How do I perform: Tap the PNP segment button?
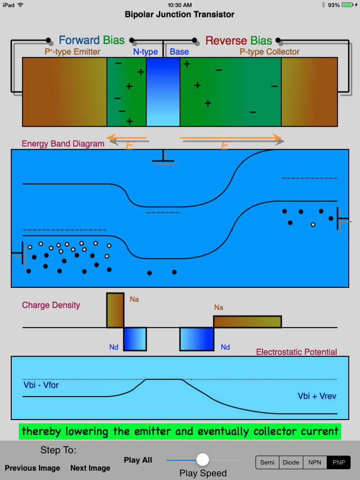pos(338,462)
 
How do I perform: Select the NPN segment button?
pos(315,462)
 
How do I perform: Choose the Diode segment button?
pos(291,462)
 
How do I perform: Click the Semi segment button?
pos(267,462)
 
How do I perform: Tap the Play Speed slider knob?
pos(202,459)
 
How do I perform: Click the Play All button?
pos(138,460)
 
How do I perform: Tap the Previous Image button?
pos(32,468)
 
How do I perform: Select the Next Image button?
pos(90,468)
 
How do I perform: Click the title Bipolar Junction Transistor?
pos(180,15)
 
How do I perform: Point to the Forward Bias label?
pos(91,40)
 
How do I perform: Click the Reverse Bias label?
pos(239,40)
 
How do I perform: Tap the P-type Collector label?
pos(270,52)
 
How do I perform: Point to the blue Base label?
pos(179,52)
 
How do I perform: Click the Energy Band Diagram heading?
pos(63,143)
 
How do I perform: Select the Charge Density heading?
pos(51,305)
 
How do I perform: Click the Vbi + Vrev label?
pos(317,396)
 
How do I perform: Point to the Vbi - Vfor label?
pos(41,385)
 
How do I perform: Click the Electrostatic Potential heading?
pos(296,352)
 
